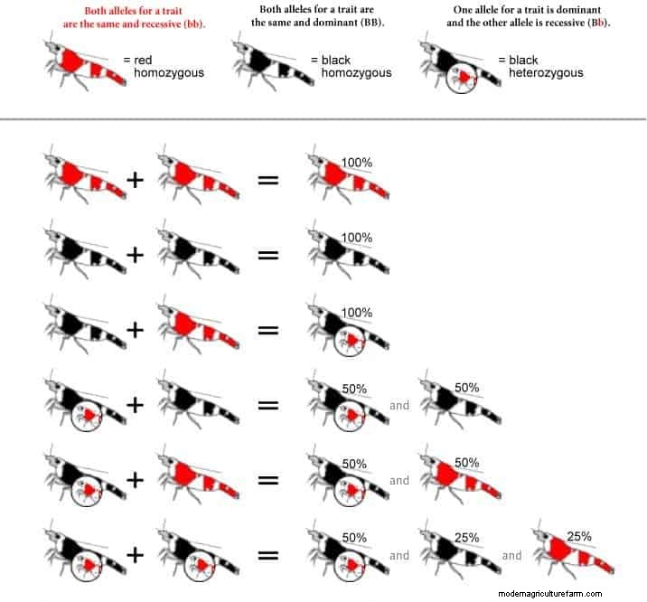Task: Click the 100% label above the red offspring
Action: [356, 161]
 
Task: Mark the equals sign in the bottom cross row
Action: [267, 557]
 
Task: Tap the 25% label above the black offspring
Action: [466, 537]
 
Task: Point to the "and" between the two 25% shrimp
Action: [511, 556]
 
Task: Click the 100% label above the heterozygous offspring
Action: [356, 312]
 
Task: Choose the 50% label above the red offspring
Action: [466, 462]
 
